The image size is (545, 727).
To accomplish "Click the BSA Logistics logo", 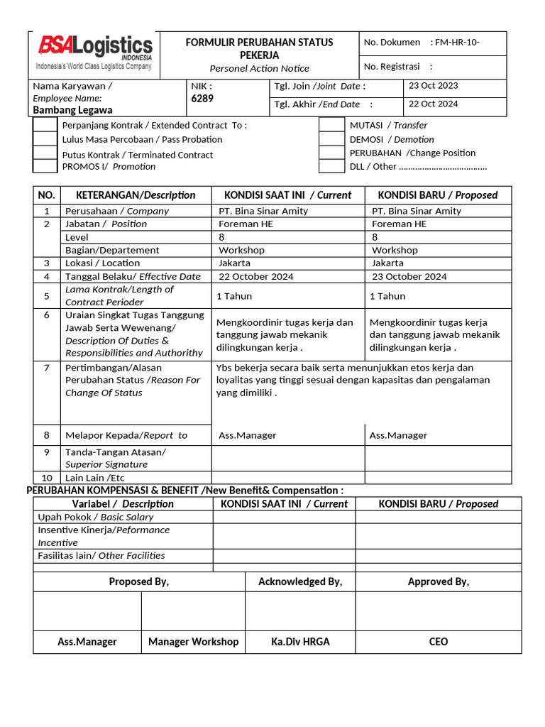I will click(x=94, y=53).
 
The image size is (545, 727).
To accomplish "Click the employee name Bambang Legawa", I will click(x=72, y=110).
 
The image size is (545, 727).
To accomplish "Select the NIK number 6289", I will click(x=202, y=99).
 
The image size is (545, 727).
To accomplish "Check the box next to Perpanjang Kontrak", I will click(x=45, y=126).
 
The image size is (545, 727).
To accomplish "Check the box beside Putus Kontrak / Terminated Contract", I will click(x=45, y=153).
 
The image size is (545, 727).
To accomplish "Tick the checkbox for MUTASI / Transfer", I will click(x=331, y=126).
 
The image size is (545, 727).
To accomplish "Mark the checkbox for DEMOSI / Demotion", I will click(x=331, y=139).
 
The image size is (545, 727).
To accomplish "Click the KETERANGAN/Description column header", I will click(x=129, y=195).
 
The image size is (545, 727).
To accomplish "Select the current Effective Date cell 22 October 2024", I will click(x=255, y=276).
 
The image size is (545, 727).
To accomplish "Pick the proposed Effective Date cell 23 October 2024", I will click(x=409, y=276).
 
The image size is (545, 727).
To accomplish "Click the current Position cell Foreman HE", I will click(x=246, y=224).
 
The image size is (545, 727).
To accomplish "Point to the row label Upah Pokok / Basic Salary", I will click(x=95, y=517).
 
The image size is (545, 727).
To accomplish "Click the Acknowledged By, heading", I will click(x=300, y=582).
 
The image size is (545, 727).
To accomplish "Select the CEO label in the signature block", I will click(x=438, y=642).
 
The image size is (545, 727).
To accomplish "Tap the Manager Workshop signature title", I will click(x=193, y=642).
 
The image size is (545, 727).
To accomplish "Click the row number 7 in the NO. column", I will click(x=47, y=368).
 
